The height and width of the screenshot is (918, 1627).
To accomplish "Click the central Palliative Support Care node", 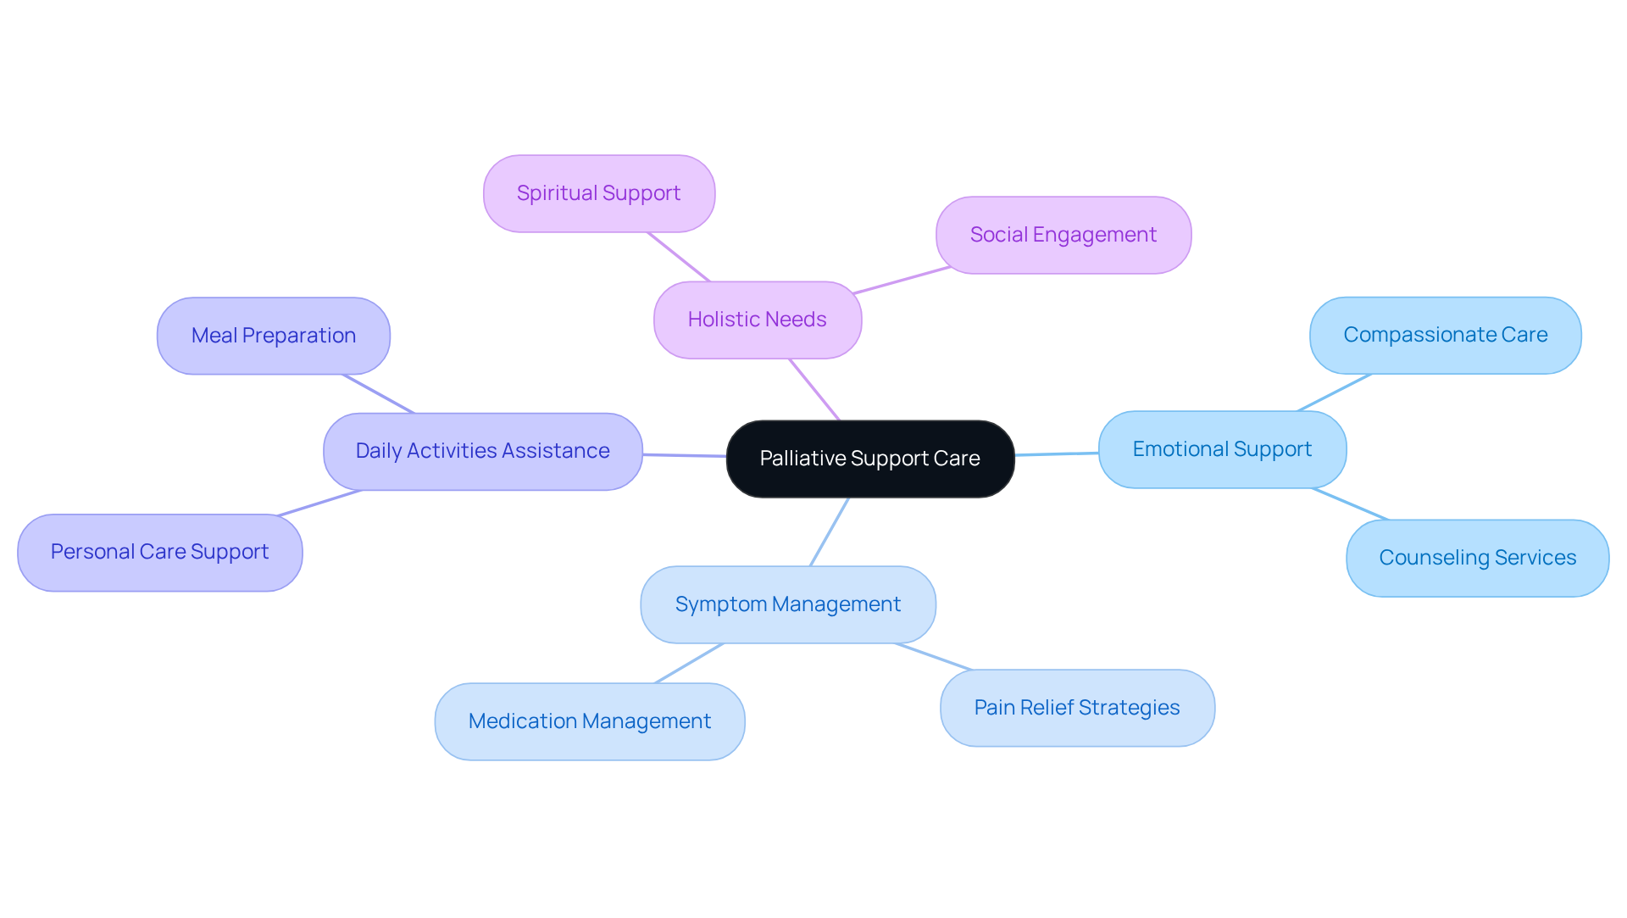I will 870,459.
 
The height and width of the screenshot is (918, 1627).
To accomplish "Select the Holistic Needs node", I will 758,320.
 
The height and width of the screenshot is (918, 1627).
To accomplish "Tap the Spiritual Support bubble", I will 599,193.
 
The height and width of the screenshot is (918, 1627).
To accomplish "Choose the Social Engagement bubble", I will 1063,235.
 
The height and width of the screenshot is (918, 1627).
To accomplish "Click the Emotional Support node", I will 1222,449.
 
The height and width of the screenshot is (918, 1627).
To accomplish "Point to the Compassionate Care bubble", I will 1445,335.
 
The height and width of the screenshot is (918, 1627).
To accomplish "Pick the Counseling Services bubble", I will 1477,558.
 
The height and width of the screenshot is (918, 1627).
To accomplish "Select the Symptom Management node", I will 788,604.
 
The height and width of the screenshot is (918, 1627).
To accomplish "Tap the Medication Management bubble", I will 590,721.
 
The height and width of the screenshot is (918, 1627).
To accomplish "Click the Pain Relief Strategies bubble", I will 1077,708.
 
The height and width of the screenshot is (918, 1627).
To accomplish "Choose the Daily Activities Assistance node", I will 483,451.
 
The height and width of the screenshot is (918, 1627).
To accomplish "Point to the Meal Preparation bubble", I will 274,336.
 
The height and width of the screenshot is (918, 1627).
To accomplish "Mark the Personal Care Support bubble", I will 160,552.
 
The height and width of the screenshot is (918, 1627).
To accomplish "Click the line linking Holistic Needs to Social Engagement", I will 902,281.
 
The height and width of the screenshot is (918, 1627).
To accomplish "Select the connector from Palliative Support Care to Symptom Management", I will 830,531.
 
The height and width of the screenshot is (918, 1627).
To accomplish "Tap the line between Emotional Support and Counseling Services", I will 1350,504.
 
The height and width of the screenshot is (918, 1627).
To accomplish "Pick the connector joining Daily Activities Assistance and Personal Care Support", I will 320,503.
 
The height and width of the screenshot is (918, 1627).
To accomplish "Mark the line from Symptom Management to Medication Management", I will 689,663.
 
